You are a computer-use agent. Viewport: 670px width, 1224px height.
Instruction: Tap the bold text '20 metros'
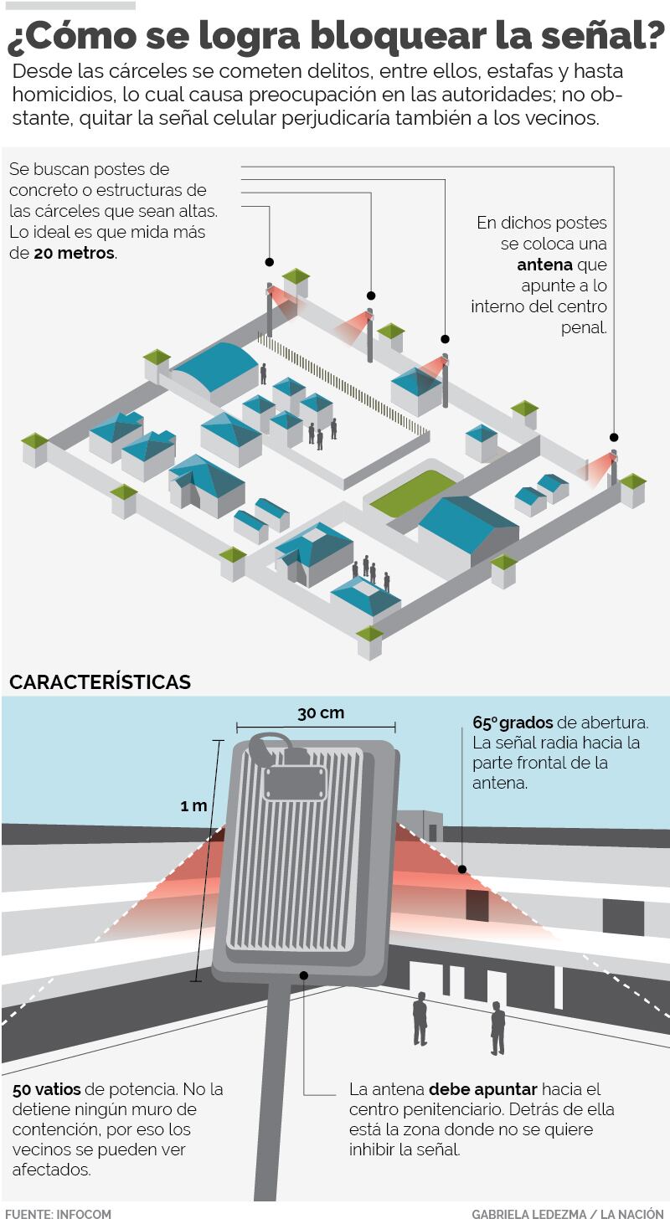(75, 252)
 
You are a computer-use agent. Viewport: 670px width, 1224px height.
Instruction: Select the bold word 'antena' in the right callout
(544, 265)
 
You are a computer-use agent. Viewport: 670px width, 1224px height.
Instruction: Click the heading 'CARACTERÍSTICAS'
(100, 682)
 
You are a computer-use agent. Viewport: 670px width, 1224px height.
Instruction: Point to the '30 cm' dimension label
(321, 713)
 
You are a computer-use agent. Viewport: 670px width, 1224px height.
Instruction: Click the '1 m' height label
(193, 806)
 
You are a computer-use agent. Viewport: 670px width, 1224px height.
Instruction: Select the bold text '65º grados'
(513, 723)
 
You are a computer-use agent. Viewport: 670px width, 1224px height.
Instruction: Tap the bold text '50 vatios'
(46, 1090)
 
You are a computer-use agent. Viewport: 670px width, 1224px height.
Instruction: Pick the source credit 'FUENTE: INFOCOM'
(58, 1214)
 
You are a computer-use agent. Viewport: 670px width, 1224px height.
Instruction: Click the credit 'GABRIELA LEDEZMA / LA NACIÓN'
(567, 1214)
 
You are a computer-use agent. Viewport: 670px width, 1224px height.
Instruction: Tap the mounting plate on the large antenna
(294, 783)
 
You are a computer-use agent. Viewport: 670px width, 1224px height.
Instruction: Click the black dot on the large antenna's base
(304, 975)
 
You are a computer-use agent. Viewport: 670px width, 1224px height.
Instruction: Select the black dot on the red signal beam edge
(461, 870)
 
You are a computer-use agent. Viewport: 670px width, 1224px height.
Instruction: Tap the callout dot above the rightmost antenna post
(613, 437)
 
